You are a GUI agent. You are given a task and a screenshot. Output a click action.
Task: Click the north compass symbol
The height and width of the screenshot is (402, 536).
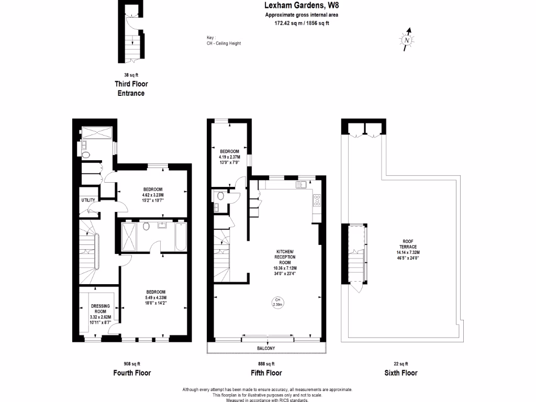(x=407, y=40)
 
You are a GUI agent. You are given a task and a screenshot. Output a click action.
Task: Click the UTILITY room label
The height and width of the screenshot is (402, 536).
(x=87, y=200)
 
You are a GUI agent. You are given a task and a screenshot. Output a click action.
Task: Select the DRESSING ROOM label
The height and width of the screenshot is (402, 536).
(x=100, y=309)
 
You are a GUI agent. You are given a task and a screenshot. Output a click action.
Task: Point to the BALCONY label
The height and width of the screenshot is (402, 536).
(x=266, y=348)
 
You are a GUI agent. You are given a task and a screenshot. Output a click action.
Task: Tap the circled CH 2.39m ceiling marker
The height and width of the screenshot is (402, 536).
(x=278, y=302)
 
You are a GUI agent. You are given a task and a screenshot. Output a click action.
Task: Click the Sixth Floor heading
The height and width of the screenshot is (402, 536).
(x=399, y=373)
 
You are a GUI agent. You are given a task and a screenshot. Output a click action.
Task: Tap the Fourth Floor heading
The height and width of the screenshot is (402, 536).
(x=132, y=373)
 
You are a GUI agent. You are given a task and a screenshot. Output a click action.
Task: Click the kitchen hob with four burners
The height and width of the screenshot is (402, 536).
(x=317, y=199)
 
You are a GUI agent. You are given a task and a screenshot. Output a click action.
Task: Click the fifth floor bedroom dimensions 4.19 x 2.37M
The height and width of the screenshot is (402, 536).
(x=229, y=156)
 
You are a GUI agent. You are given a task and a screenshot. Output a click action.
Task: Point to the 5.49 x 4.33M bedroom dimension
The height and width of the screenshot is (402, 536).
(x=156, y=298)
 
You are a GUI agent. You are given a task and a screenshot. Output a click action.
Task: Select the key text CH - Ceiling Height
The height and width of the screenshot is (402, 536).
(x=224, y=43)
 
